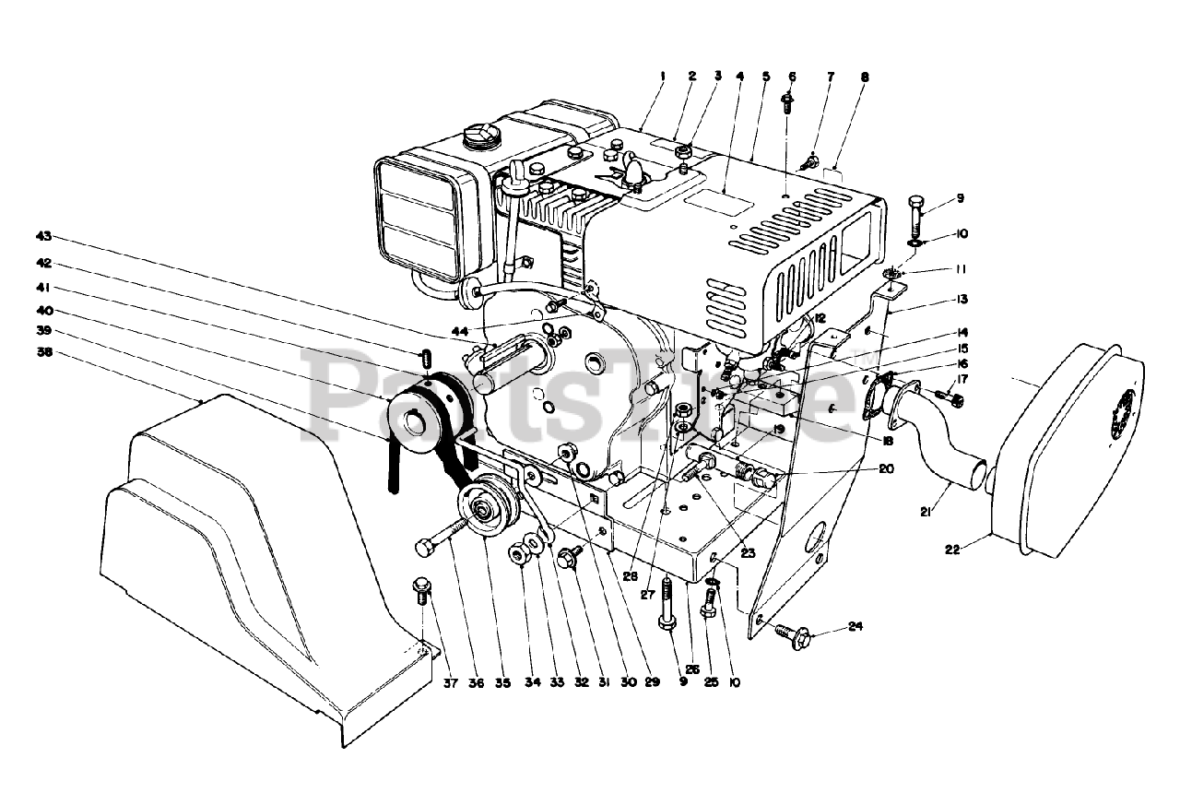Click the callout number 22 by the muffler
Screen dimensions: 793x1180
click(x=952, y=550)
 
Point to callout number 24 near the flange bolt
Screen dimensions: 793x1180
click(x=855, y=628)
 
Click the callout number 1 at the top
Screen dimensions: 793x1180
click(x=663, y=77)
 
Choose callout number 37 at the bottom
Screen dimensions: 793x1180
click(x=425, y=683)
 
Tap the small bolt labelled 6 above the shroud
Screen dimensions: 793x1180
click(x=787, y=101)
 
